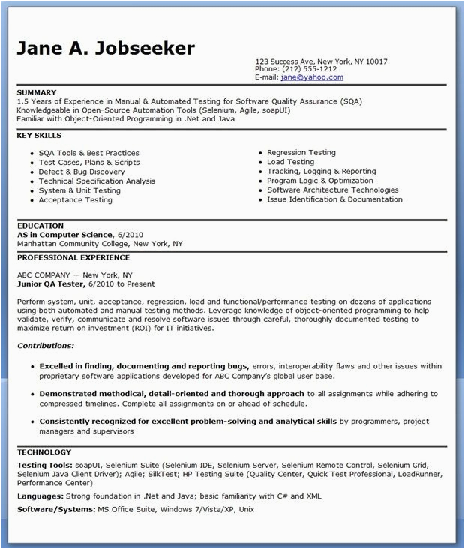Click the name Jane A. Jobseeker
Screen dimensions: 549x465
point(106,49)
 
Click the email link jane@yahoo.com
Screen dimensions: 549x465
point(312,76)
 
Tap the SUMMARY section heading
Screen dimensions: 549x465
point(37,92)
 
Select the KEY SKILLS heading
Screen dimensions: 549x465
point(39,136)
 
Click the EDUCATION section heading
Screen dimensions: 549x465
point(40,226)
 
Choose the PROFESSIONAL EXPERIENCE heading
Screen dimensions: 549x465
point(73,257)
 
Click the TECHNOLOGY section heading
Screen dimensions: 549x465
point(44,452)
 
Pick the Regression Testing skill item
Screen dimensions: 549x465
point(301,152)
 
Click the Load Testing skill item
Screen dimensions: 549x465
point(290,162)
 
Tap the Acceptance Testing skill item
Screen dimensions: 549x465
point(75,200)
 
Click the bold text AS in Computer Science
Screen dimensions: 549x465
point(65,235)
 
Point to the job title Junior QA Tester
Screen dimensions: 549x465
point(51,284)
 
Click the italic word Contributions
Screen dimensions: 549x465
point(46,346)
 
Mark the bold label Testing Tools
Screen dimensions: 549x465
point(42,465)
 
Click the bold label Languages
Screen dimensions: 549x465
point(39,496)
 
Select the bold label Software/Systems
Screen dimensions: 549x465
point(55,510)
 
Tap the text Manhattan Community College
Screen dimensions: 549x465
point(73,244)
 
